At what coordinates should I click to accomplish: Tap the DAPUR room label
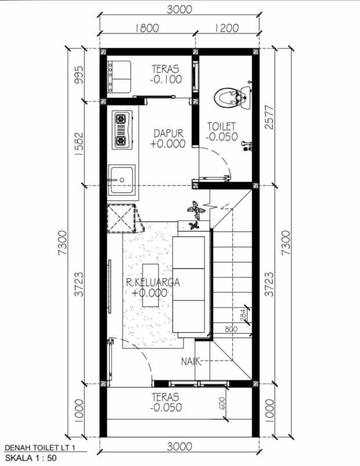click(x=168, y=134)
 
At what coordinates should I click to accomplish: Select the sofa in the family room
click(x=190, y=286)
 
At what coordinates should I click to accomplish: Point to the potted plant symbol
click(x=195, y=210)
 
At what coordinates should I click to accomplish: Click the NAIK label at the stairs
click(x=190, y=362)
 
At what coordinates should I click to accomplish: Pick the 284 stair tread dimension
click(x=244, y=315)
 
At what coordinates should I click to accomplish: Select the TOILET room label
click(x=222, y=126)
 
